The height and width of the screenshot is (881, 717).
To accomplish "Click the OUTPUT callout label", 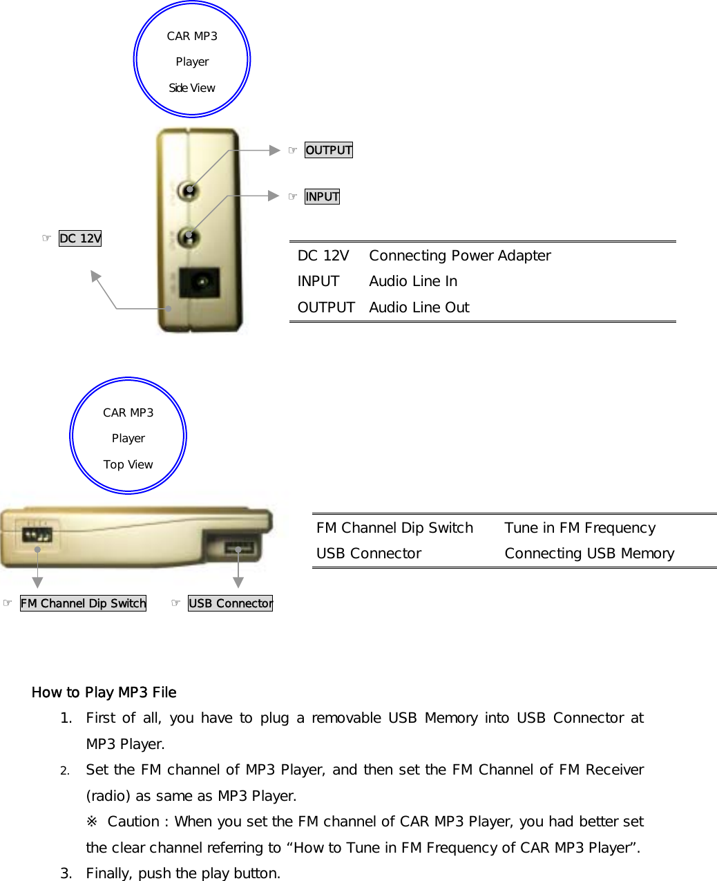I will click(x=329, y=150).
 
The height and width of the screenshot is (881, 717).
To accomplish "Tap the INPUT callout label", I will click(x=322, y=197).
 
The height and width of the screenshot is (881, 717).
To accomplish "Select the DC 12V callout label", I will click(x=80, y=238).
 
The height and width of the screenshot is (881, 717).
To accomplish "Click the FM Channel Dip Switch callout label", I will click(x=83, y=603).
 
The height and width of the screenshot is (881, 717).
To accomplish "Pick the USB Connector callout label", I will click(x=230, y=603).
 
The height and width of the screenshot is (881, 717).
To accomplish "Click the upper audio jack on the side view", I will click(x=187, y=190).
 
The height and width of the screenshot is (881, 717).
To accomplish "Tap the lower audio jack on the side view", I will click(x=187, y=237).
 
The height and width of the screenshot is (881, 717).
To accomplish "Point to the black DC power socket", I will click(x=200, y=283).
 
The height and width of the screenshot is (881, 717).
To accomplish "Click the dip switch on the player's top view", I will click(x=37, y=535).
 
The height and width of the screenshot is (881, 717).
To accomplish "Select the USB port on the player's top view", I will click(x=239, y=549).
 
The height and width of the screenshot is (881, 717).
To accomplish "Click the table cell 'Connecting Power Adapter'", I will click(x=459, y=256).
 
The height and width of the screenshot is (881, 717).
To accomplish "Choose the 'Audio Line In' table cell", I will click(x=413, y=281).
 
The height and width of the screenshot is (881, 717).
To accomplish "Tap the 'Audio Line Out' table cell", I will click(x=419, y=307).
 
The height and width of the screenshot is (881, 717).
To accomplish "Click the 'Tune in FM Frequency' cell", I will click(x=580, y=528).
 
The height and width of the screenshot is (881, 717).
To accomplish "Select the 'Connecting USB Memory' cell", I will click(x=589, y=553).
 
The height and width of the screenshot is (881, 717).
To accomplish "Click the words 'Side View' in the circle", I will click(x=192, y=88).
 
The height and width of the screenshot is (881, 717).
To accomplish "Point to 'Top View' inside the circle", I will click(x=128, y=464).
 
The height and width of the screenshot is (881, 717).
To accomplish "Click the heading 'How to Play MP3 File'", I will click(x=104, y=692).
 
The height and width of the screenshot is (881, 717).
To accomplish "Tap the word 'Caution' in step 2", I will click(x=133, y=822).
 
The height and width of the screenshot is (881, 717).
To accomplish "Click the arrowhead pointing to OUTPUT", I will click(x=275, y=149).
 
